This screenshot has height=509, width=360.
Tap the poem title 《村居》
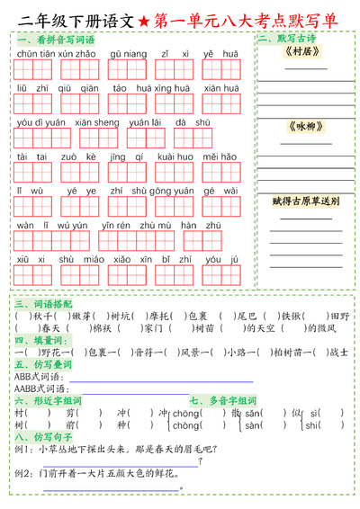[301, 52]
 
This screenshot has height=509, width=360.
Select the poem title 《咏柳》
[301, 126]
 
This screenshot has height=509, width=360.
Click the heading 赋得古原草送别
[305, 201]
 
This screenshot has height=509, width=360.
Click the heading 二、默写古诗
[285, 40]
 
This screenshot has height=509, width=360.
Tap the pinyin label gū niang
[128, 54]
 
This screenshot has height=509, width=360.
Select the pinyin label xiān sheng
[97, 122]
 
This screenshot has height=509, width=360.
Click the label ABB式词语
[36, 377]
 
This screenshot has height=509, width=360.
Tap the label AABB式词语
[39, 388]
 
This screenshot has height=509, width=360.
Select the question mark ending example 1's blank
[198, 461]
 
